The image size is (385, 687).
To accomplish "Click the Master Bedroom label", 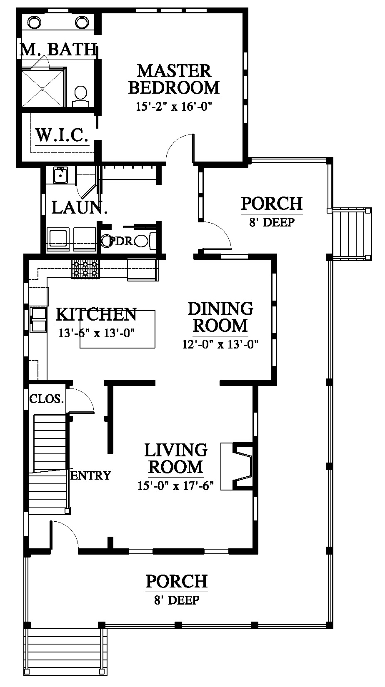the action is click(x=174, y=80).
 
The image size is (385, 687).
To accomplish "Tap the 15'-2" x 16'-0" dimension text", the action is click(x=174, y=107).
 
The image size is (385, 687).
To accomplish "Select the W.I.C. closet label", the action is click(x=62, y=135).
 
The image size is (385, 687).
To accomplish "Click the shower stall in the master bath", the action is click(x=44, y=87).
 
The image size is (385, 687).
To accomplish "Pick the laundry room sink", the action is click(x=60, y=175).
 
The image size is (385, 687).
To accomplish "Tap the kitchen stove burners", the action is click(x=86, y=269).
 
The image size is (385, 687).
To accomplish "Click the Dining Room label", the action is click(x=220, y=317).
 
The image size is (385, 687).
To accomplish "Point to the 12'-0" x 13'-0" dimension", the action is click(x=220, y=344).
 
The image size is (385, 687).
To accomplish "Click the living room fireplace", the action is click(x=237, y=466).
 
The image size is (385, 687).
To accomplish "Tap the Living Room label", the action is click(x=176, y=458).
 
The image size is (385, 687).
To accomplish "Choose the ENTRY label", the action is click(x=90, y=475).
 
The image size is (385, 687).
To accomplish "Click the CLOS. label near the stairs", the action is click(x=47, y=399).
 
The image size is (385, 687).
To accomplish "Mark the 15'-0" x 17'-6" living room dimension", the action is click(x=175, y=486).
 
